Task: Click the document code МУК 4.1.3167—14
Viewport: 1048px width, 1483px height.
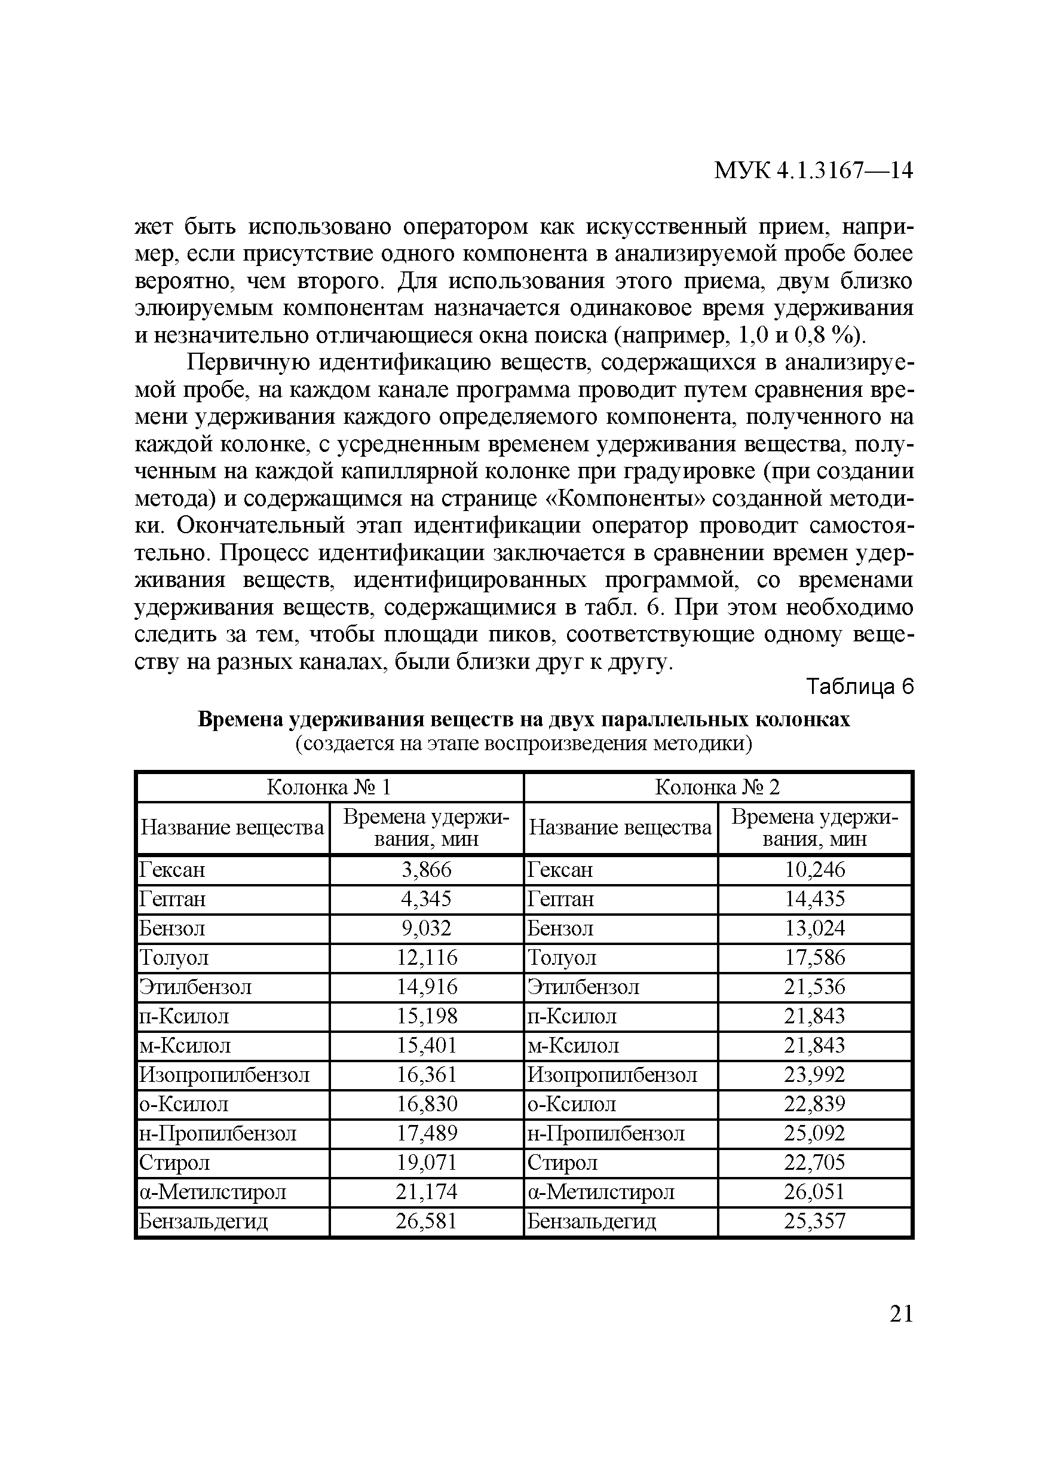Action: click(813, 170)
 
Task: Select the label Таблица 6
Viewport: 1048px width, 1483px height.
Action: click(861, 687)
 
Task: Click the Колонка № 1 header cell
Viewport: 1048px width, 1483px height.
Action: click(329, 787)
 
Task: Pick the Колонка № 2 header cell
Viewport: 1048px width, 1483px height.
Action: click(718, 787)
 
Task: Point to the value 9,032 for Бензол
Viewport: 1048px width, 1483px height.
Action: click(426, 928)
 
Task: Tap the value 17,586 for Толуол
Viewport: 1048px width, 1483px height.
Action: click(814, 957)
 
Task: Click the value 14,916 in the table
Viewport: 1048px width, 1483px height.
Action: click(426, 987)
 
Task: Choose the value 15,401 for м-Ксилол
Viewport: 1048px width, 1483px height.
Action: click(426, 1045)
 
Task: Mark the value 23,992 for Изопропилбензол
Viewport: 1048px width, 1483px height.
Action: click(814, 1075)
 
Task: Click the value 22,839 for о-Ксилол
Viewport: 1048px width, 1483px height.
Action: click(814, 1104)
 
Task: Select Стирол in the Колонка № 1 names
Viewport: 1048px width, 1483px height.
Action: click(175, 1163)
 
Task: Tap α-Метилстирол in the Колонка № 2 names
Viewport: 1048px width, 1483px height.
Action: click(600, 1192)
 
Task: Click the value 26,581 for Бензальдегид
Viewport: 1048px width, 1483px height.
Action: click(426, 1221)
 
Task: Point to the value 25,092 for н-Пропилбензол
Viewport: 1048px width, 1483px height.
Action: click(814, 1133)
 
